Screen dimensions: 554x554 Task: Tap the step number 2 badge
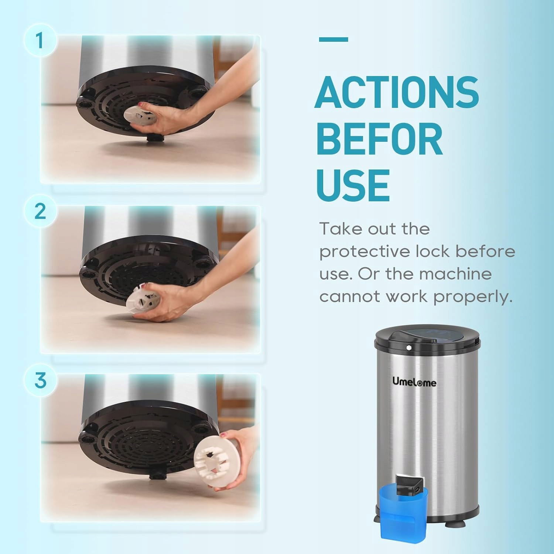(x=40, y=211)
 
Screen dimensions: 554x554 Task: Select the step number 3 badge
(x=40, y=380)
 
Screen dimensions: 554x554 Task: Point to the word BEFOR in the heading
(x=380, y=138)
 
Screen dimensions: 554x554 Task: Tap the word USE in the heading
(x=353, y=185)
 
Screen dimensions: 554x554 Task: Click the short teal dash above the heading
(x=334, y=39)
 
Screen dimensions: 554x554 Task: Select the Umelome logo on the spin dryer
(x=414, y=382)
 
